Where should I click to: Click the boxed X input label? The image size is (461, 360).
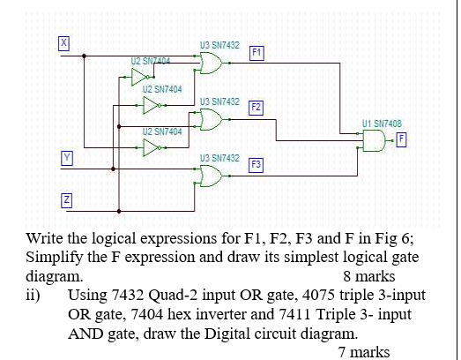coord(63,42)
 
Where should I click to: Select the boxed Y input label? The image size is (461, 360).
coord(65,157)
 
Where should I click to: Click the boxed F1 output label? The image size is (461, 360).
coord(256,52)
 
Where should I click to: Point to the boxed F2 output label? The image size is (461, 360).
coord(256,109)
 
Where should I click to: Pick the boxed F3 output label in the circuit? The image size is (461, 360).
coord(256,165)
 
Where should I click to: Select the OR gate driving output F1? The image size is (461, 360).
coord(212,63)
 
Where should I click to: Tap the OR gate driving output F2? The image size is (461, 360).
coord(212,119)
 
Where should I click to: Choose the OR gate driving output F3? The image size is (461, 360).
coord(212,176)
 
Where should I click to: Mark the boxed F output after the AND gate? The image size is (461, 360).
coord(402,139)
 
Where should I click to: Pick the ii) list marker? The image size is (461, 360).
coord(33,296)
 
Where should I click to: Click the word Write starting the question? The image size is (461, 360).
coord(47,238)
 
